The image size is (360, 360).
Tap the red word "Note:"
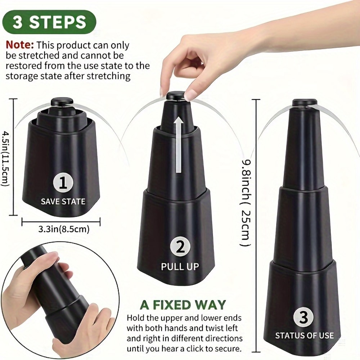coord(20,45)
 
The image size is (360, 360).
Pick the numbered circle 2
coord(180,247)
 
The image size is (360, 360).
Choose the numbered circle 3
coord(304,317)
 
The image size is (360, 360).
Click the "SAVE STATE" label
coord(63,201)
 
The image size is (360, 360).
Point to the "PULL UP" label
coord(180,267)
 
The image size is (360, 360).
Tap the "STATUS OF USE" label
coord(304,336)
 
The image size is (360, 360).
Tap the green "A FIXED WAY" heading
coord(183,305)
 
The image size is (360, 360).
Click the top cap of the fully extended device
coord(304,103)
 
